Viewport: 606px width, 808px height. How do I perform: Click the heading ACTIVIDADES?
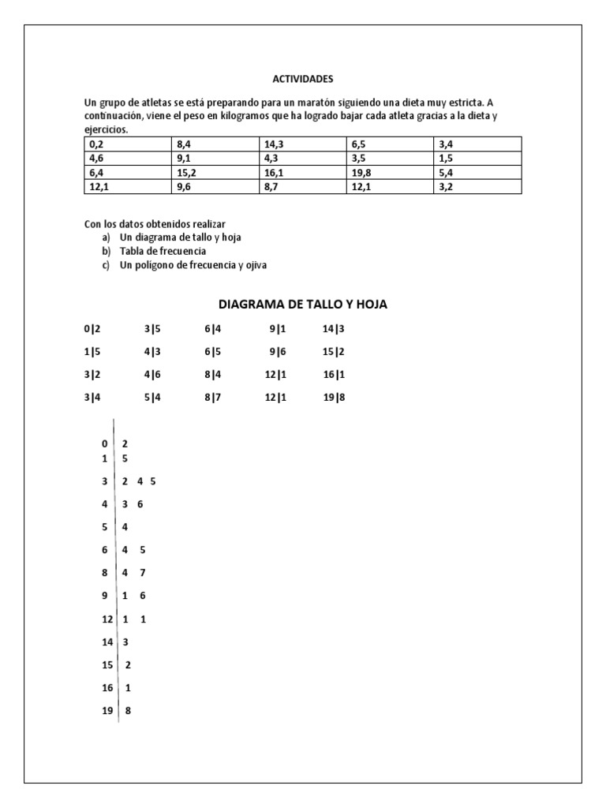point(303,79)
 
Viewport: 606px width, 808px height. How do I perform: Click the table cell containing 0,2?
point(126,144)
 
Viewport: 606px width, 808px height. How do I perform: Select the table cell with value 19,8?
point(389,173)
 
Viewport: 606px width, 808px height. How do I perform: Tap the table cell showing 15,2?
point(214,173)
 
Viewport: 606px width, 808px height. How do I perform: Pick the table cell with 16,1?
point(301,173)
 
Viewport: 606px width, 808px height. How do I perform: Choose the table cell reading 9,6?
point(214,187)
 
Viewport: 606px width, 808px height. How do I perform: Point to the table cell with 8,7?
point(301,187)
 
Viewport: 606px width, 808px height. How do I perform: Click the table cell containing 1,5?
point(477,159)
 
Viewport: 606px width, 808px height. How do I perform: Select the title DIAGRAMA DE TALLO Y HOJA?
point(303,305)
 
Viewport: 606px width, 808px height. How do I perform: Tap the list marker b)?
point(106,251)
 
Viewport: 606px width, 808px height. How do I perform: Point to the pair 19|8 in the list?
point(334,398)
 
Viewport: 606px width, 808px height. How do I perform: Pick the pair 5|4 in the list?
point(152,398)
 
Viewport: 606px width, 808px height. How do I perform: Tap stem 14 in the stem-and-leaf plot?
point(107,642)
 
